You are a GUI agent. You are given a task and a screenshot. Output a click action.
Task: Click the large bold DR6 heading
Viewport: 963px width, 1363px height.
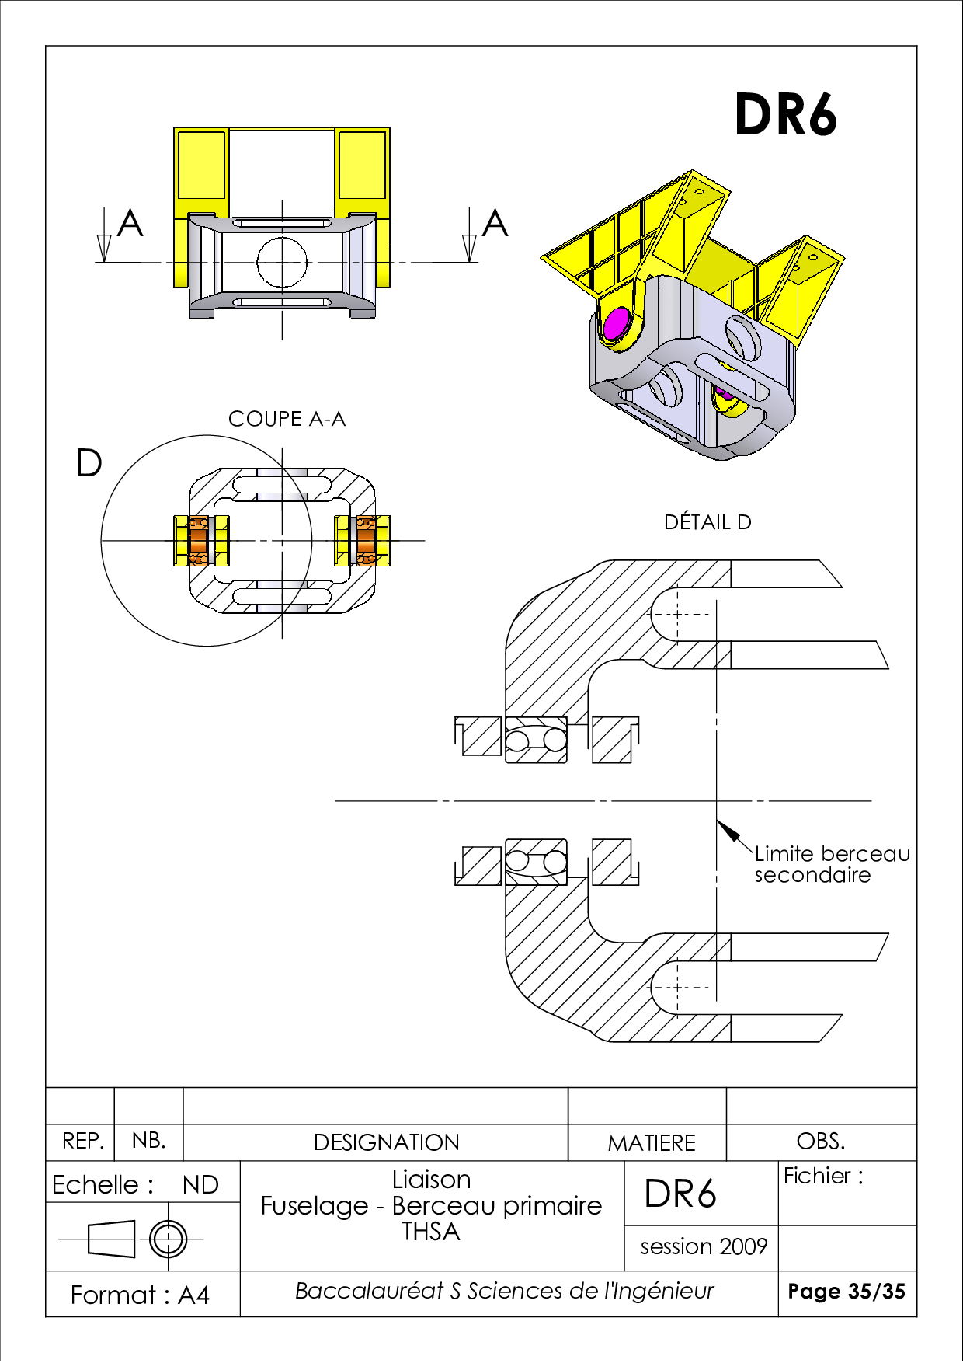(x=785, y=115)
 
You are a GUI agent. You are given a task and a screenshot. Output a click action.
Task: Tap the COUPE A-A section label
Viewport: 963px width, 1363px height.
(x=287, y=420)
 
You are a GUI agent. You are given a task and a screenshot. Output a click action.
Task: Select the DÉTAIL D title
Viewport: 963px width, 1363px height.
(x=707, y=522)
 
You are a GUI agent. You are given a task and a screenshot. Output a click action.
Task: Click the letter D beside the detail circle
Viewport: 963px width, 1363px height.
(x=89, y=464)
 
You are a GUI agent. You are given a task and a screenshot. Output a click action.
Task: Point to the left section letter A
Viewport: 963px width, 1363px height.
(x=130, y=224)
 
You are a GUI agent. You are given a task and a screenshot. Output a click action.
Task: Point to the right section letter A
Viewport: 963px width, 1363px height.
(x=495, y=224)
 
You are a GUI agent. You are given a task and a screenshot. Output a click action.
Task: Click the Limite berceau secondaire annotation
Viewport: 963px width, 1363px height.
(x=831, y=864)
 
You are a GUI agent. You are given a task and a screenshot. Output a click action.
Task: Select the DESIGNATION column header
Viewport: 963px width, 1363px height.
(x=386, y=1142)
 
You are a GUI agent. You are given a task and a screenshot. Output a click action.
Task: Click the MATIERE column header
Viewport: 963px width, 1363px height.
(x=651, y=1143)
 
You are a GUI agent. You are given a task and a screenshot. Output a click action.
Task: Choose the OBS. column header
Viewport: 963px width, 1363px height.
(x=820, y=1142)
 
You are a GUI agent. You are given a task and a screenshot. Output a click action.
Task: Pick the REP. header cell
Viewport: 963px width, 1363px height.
(x=82, y=1142)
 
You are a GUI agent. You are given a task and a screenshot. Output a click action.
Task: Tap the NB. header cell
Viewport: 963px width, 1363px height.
(x=148, y=1141)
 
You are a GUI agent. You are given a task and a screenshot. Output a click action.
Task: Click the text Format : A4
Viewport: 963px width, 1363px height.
(x=140, y=1295)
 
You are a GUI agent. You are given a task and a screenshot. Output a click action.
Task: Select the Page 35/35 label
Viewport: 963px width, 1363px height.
(x=847, y=1292)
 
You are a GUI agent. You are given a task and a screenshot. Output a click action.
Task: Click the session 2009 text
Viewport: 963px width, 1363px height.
(x=704, y=1246)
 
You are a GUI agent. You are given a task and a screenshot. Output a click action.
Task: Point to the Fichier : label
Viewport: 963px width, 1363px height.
(x=822, y=1177)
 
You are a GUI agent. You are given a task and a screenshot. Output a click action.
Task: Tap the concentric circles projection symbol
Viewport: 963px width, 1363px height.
(x=169, y=1239)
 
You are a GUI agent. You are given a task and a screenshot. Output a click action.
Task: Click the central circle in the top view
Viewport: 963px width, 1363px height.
(x=281, y=262)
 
